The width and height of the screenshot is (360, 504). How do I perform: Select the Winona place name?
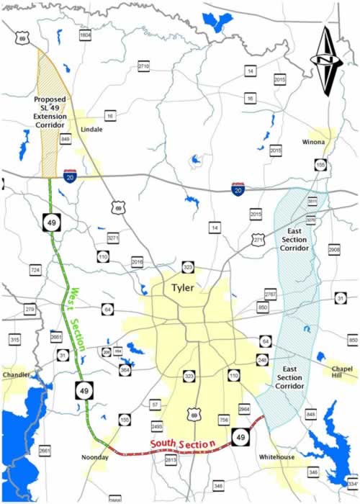coord(313,142)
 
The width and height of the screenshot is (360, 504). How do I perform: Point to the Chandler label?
coord(17,375)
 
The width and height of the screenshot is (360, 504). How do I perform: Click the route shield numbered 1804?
coord(86,35)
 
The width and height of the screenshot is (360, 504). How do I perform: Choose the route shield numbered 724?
coord(35,269)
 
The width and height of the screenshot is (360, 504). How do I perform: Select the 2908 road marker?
coord(333,248)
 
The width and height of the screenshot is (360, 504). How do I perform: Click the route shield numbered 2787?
coord(270,294)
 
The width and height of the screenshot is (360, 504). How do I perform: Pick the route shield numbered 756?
coord(224,420)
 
